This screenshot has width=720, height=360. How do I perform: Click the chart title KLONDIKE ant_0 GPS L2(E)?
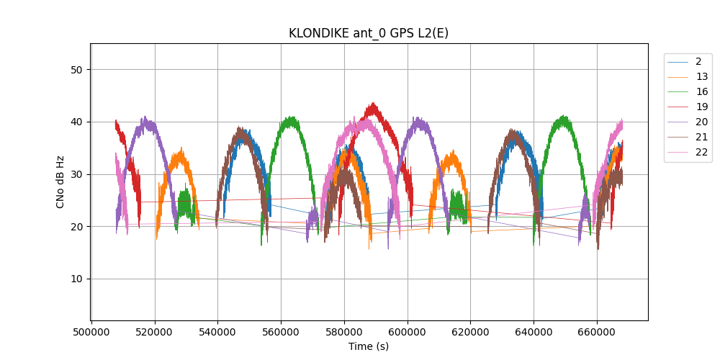click(369, 33)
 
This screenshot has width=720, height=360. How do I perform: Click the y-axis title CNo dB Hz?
click(60, 181)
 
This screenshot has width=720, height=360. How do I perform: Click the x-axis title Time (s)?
click(369, 346)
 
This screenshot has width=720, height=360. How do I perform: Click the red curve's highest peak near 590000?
click(372, 104)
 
